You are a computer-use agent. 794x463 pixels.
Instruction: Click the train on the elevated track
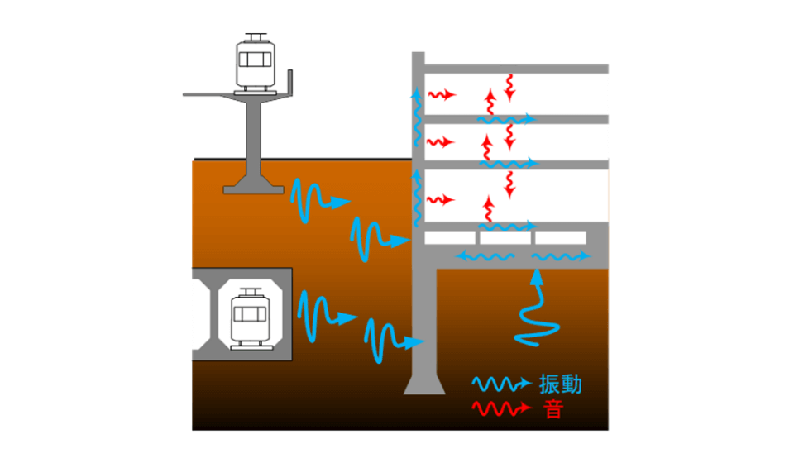(x=254, y=63)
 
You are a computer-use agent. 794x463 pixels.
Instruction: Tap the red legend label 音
(x=553, y=408)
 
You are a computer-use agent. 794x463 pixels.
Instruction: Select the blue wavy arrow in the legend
(x=501, y=384)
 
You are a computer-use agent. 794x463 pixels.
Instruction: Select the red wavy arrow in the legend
(x=501, y=408)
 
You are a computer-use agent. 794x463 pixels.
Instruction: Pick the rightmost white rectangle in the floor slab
(x=561, y=238)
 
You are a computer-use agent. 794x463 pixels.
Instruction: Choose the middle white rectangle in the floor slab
(x=505, y=238)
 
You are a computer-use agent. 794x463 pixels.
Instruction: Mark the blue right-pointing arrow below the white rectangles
(x=562, y=257)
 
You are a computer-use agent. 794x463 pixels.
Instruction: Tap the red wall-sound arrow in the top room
(x=442, y=94)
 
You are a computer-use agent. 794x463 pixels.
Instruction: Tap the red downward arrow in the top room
(x=510, y=87)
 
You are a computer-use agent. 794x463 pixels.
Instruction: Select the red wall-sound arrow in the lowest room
(x=442, y=199)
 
